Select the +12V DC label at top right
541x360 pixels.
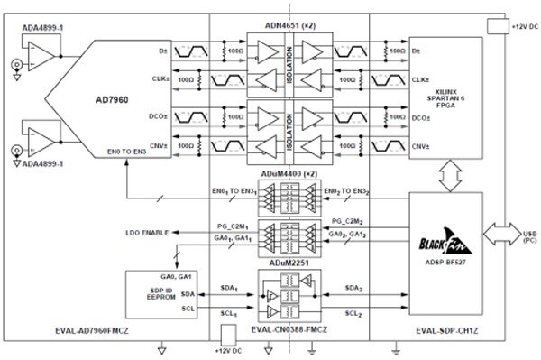click(521, 28)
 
